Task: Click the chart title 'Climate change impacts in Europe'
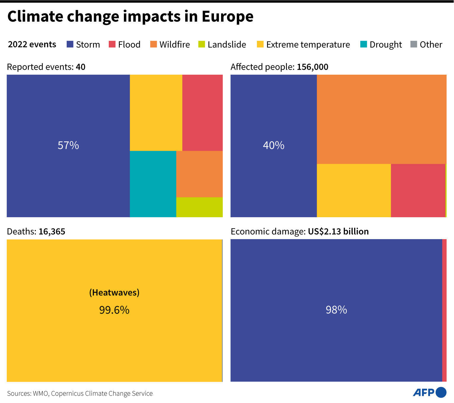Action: (x=130, y=16)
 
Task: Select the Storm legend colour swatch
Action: (x=70, y=44)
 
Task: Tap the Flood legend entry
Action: (x=125, y=44)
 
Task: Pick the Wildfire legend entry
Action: (x=170, y=44)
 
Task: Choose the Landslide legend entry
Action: (x=222, y=44)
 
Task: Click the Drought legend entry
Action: (x=381, y=44)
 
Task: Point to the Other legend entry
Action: (x=426, y=44)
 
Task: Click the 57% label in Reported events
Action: (x=68, y=145)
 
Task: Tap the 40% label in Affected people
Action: (x=274, y=145)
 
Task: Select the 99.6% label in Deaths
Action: (x=114, y=310)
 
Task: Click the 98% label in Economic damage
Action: (x=336, y=310)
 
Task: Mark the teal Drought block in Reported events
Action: (x=153, y=184)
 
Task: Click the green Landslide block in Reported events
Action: (x=199, y=207)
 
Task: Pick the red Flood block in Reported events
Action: (x=202, y=113)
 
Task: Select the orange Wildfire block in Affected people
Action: (x=381, y=119)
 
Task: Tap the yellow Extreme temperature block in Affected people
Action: (x=354, y=190)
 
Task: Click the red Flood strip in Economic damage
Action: (x=444, y=310)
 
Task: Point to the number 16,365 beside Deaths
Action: (x=52, y=231)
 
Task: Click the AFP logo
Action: (x=429, y=392)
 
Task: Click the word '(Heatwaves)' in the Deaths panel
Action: (x=114, y=292)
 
